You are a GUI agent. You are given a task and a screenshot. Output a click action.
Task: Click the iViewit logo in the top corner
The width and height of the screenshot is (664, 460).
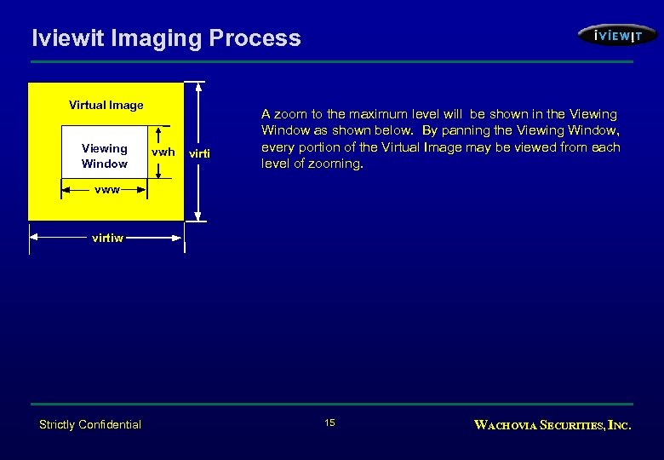pyautogui.click(x=616, y=35)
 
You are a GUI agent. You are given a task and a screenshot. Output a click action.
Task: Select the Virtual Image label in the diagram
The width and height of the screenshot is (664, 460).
pyautogui.click(x=106, y=105)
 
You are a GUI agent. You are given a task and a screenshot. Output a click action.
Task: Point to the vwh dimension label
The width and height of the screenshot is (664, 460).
pyautogui.click(x=163, y=152)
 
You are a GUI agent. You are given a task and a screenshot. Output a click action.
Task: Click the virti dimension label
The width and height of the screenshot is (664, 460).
pyautogui.click(x=198, y=153)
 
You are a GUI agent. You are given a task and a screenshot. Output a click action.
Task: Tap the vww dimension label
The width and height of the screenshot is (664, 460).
pyautogui.click(x=106, y=190)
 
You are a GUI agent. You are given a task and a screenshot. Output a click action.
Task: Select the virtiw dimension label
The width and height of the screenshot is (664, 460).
pyautogui.click(x=107, y=239)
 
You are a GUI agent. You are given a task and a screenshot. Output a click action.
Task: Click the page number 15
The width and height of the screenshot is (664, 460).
pyautogui.click(x=330, y=423)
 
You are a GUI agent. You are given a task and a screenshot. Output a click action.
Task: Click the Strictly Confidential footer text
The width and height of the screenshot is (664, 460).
pyautogui.click(x=90, y=424)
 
